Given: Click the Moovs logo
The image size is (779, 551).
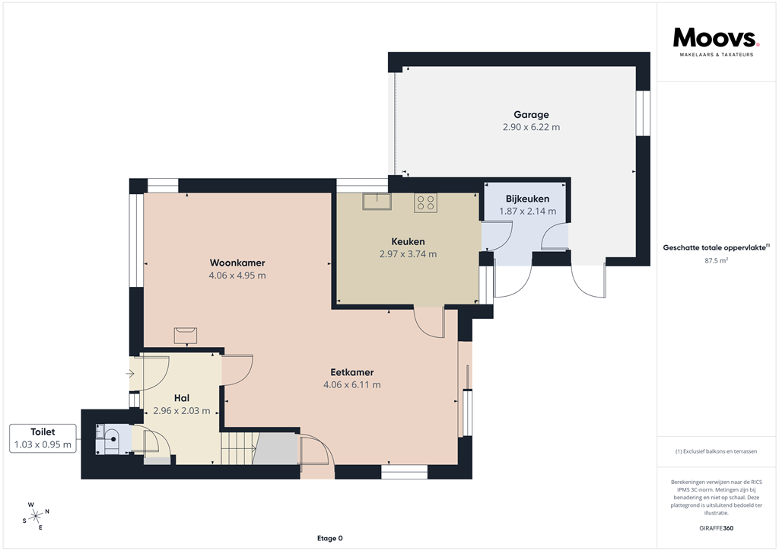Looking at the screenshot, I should tap(715, 40).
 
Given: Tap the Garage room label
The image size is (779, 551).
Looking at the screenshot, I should tap(531, 115).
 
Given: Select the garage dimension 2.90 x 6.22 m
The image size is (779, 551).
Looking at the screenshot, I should tap(531, 127).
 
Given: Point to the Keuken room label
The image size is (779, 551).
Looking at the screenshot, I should tap(408, 242).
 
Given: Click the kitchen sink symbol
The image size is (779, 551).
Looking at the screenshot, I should tap(377, 202).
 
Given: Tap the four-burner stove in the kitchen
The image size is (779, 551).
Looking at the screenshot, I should tap(425, 202).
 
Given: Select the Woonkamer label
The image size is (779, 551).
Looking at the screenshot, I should tap(237, 263).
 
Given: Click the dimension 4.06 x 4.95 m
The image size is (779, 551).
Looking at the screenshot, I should tap(237, 275).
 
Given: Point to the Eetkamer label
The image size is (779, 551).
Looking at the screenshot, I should tap(351, 372).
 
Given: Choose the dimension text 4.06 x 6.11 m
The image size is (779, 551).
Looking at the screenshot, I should tap(351, 385).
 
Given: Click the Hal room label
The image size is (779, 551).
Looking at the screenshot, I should tap(181, 398).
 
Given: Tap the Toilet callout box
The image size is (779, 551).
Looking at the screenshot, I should tap(43, 438).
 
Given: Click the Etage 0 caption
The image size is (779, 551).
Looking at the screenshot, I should tap(329, 538).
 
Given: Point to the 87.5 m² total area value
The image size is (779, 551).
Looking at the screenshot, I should tap(717, 260).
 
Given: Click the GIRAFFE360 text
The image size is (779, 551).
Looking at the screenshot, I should tap(717, 527).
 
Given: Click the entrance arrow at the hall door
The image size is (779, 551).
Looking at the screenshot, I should tap(130, 374).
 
